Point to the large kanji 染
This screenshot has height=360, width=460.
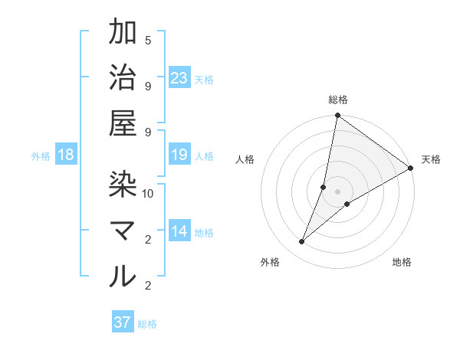(123, 185)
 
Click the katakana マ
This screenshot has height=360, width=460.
(123, 231)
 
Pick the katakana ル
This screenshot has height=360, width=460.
(123, 277)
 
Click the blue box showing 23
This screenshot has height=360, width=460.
(179, 78)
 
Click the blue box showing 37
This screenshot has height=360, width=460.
(122, 322)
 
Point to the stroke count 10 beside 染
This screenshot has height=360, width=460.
(148, 194)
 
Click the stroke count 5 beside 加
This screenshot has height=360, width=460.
(148, 41)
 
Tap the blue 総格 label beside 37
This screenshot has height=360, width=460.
(147, 324)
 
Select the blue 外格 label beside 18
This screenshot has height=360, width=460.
(41, 156)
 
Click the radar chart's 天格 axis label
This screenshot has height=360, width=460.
(431, 160)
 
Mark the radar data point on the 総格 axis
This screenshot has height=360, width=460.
(337, 116)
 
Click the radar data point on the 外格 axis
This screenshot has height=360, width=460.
(302, 242)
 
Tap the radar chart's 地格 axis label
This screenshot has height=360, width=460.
(402, 263)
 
